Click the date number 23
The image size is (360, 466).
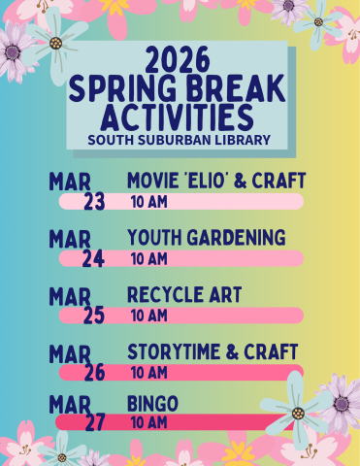94,202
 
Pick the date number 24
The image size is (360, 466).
94,259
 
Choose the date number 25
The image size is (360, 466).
94,316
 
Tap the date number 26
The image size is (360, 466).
94,373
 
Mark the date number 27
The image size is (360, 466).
94,423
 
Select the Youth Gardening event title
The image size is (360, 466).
206,238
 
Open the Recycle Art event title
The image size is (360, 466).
184,294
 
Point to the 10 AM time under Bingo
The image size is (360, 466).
148,423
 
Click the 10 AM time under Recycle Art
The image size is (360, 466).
148,316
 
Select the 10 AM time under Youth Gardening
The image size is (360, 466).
148,259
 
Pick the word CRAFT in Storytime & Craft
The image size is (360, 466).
273,351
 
